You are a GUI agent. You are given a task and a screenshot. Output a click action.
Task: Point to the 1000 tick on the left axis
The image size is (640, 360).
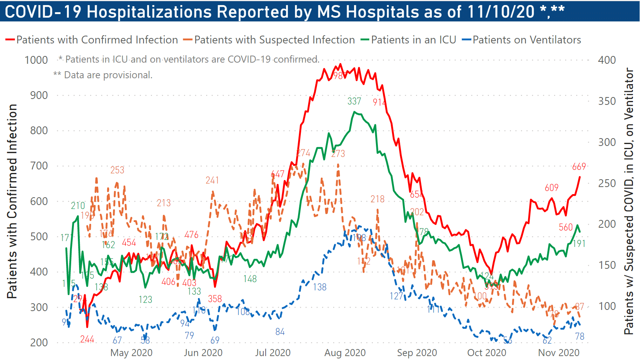click(36, 60)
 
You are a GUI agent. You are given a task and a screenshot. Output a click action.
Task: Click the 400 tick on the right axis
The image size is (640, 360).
click(607, 60)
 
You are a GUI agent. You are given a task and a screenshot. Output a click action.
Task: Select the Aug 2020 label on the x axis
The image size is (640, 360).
click(345, 353)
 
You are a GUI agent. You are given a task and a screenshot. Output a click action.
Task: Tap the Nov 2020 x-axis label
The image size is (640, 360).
click(559, 353)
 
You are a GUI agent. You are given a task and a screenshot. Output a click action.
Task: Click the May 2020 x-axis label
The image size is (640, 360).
click(131, 353)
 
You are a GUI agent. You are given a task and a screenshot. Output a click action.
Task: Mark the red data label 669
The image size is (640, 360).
click(579, 167)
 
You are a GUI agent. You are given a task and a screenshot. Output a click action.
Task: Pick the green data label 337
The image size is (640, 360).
click(354, 101)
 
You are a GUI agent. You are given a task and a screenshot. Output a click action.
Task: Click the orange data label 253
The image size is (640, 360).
click(117, 170)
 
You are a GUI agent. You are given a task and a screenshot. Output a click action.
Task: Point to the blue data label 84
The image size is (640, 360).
click(280, 332)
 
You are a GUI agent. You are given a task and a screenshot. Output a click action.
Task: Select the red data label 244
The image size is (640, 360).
click(87, 339)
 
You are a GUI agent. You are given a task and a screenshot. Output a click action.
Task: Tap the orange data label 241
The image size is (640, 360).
click(212, 180)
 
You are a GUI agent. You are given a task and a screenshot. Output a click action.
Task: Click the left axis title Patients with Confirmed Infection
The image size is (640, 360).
click(12, 201)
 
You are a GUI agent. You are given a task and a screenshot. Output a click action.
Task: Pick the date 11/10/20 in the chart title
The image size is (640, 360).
click(501, 11)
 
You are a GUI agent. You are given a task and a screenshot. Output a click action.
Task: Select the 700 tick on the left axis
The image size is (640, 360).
click(39, 166)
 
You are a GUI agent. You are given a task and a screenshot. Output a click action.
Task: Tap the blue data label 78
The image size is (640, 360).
click(580, 337)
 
